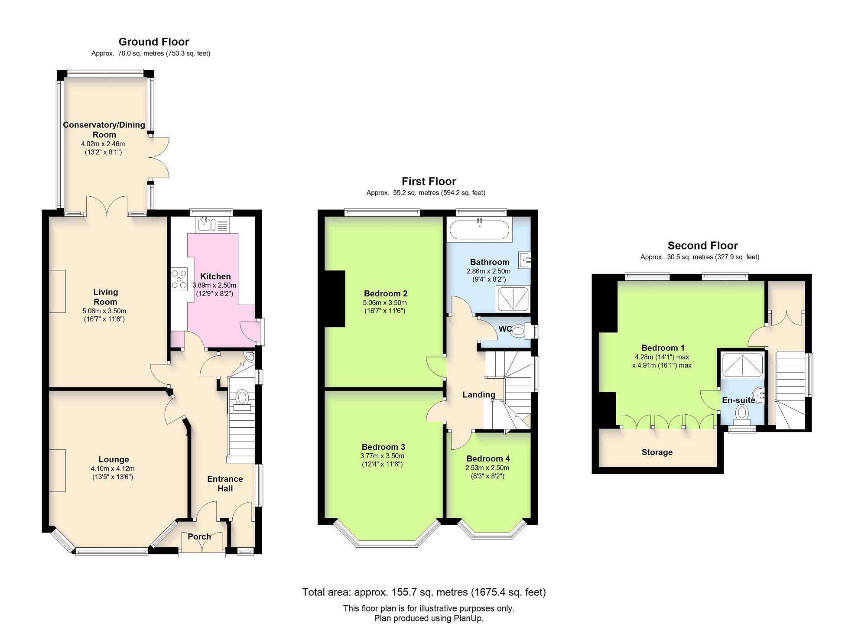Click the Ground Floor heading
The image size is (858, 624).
click(x=154, y=42)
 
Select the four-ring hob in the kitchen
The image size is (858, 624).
click(x=179, y=279)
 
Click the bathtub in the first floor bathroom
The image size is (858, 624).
click(x=479, y=230)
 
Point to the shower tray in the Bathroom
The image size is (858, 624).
click(x=513, y=298)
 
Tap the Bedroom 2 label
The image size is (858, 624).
click(x=386, y=293)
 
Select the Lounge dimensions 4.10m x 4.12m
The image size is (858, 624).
click(x=113, y=468)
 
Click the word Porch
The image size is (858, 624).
click(x=199, y=536)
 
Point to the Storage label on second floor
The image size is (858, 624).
click(x=657, y=452)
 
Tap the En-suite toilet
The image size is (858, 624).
click(x=742, y=415)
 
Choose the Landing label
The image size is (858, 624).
click(x=478, y=394)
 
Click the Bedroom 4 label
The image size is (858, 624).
click(x=488, y=458)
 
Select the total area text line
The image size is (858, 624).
click(x=424, y=592)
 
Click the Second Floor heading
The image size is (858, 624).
click(x=702, y=246)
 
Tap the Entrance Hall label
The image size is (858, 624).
click(x=225, y=484)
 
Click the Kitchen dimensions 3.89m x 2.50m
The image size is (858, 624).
click(x=214, y=286)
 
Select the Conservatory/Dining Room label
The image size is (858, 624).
click(x=104, y=130)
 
